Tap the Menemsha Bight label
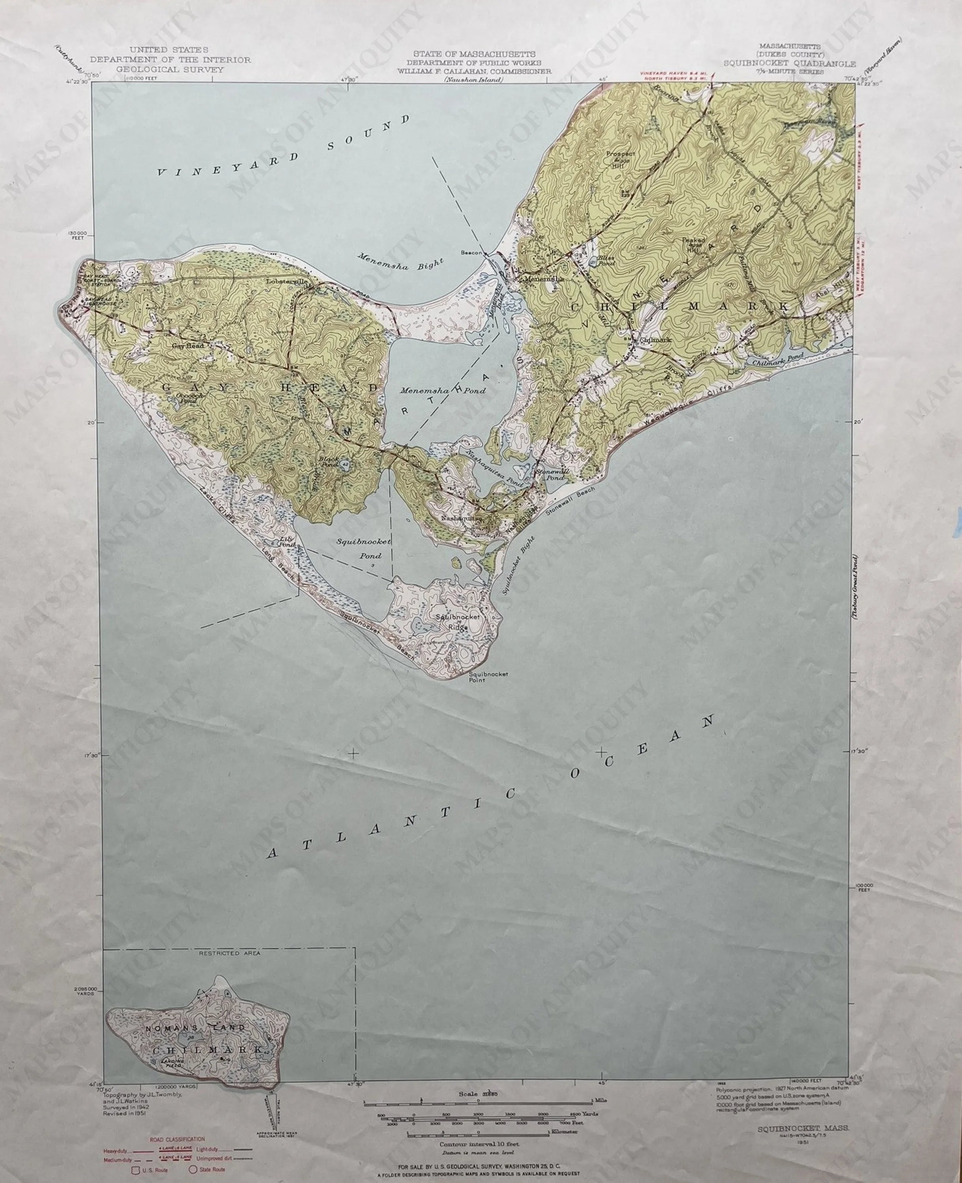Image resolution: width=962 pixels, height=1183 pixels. point(399,261)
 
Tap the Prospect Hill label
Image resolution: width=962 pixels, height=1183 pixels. point(620,157)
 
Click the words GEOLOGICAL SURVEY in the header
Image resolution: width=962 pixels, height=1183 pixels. point(170,70)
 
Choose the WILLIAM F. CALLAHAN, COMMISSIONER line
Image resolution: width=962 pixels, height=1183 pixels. point(474,71)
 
